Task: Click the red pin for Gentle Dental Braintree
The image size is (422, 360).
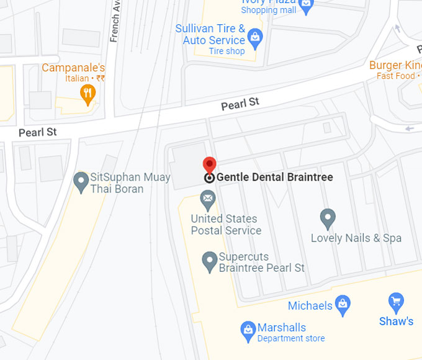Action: [x=210, y=164]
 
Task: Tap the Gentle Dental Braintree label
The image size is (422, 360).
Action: [x=274, y=178]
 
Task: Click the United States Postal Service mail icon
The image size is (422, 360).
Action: [x=208, y=200]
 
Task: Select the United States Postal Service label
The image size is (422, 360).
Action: [x=226, y=225]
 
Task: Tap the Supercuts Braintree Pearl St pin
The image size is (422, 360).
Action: [x=210, y=261]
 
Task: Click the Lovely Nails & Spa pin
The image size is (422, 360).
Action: [x=328, y=218]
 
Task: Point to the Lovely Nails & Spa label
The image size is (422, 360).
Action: [x=356, y=238]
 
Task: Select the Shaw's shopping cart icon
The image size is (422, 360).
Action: [x=396, y=302]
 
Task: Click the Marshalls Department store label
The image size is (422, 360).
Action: [x=290, y=332]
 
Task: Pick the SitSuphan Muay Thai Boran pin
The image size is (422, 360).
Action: [x=80, y=182]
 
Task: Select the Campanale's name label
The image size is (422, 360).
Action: [x=73, y=68]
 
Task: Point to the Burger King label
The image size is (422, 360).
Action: [x=395, y=65]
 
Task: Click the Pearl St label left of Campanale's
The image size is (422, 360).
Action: [x=37, y=132]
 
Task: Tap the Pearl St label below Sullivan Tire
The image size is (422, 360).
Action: [x=240, y=104]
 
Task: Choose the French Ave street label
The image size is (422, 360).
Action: [x=115, y=21]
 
